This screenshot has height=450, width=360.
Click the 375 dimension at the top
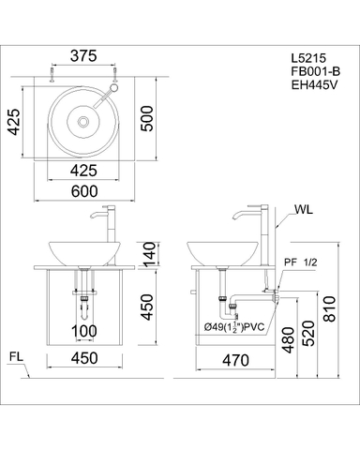(84, 55)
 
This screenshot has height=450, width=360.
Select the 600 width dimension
(84, 188)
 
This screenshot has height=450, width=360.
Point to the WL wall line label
(302, 211)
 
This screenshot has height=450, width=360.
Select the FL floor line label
(15, 357)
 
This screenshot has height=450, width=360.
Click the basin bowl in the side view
(224, 252)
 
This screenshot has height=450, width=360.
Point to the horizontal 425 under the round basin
(84, 170)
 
